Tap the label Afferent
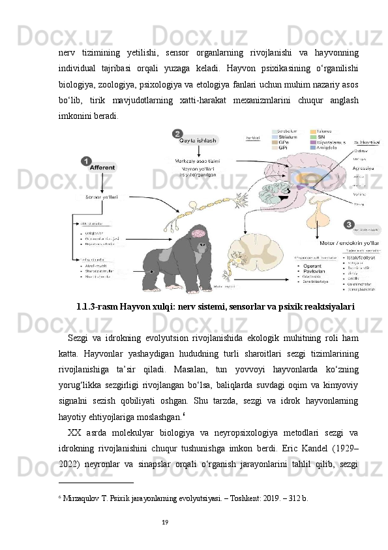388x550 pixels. point(103,168)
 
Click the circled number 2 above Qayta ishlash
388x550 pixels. point(177,133)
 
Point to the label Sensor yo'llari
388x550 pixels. point(102,197)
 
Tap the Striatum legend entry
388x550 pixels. point(288,137)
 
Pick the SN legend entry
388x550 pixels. point(321,137)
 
